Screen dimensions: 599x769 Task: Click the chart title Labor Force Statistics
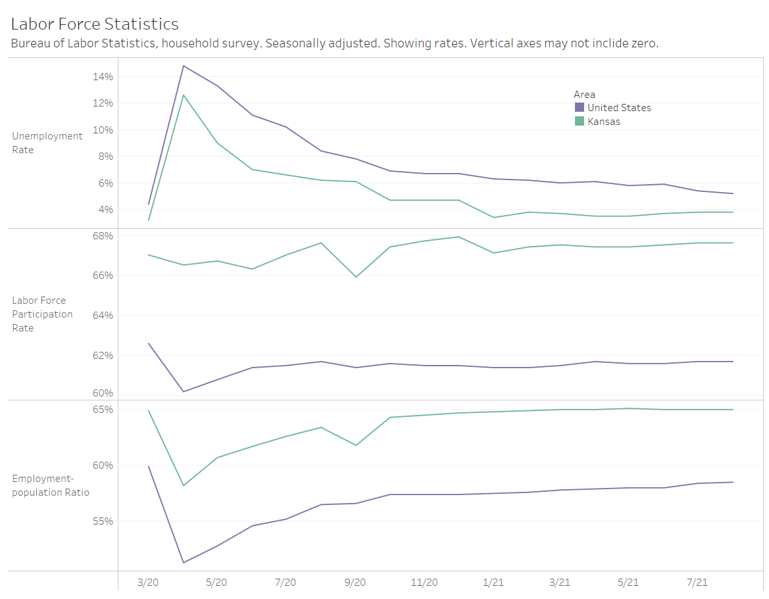95,24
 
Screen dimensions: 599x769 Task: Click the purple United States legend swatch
580,107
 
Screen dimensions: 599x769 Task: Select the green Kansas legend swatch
580,121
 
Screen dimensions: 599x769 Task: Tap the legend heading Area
584,94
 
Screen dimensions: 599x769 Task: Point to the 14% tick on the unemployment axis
103,77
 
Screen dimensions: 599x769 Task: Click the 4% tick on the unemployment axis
105,210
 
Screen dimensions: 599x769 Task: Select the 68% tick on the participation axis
103,235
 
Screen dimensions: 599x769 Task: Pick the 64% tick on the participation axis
103,316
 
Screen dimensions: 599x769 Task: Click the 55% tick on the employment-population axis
103,521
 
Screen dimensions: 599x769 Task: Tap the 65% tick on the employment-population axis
103,410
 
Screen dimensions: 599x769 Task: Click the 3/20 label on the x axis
148,583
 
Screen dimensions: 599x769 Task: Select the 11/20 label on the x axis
424,583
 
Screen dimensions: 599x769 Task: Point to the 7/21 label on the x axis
697,583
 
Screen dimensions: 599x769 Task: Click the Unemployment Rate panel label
47,143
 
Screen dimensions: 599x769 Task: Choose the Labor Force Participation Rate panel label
42,314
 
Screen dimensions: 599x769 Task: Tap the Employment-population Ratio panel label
51,485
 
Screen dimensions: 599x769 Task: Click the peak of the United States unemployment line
183,66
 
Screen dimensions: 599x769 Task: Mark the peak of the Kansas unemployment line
183,95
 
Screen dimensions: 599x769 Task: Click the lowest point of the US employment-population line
183,562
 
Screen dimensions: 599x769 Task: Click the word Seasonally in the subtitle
296,43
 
